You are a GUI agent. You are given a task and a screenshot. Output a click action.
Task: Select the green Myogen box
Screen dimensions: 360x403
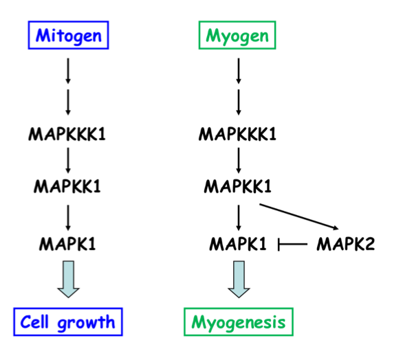click(237, 35)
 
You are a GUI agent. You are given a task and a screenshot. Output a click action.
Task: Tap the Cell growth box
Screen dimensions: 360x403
click(67, 322)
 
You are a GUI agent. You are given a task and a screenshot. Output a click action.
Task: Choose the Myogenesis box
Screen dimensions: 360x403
click(238, 322)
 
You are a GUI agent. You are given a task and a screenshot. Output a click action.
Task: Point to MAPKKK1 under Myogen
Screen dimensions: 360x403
click(237, 133)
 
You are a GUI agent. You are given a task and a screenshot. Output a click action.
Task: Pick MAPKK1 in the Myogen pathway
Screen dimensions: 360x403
click(237, 186)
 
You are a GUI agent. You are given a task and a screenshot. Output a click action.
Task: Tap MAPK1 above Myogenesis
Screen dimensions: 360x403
click(237, 243)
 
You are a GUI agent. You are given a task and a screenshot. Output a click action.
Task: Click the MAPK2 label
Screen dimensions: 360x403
click(345, 243)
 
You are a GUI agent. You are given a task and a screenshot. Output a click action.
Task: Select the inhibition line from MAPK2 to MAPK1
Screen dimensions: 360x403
click(292, 244)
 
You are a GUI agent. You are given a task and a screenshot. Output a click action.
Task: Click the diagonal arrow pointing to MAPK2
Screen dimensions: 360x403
click(299, 216)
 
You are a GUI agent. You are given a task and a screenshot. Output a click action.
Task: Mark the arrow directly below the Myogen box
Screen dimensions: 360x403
click(237, 72)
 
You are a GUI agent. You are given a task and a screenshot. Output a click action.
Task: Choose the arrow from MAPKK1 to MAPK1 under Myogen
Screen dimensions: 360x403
click(237, 214)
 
